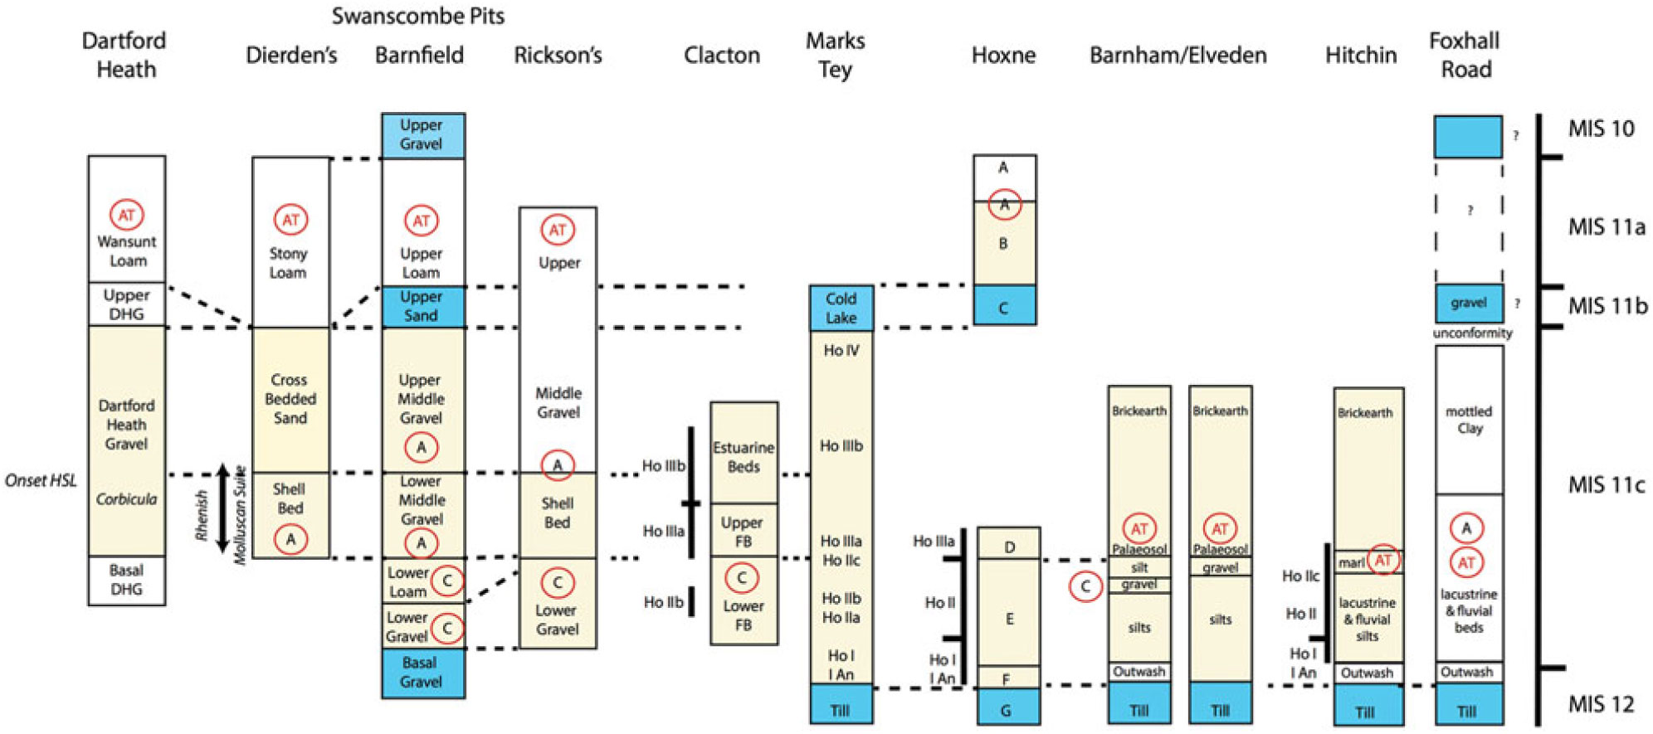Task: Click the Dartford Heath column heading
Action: [124, 55]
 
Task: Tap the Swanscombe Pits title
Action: [417, 16]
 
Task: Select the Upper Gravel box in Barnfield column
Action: [422, 135]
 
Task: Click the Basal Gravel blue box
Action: [422, 673]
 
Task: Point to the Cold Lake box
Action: [841, 308]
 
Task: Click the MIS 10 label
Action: [1601, 129]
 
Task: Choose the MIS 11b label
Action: [1607, 306]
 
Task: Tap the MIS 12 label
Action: [1601, 704]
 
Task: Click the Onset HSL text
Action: [41, 480]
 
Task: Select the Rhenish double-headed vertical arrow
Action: [222, 508]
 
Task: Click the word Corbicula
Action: [126, 498]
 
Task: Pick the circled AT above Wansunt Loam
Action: [126, 215]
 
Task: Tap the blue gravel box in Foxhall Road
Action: [1468, 304]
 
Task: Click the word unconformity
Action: [1472, 333]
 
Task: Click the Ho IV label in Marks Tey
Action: [841, 351]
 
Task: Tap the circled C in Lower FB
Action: [741, 577]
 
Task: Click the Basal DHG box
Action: [126, 580]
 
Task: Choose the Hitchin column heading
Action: [1360, 55]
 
